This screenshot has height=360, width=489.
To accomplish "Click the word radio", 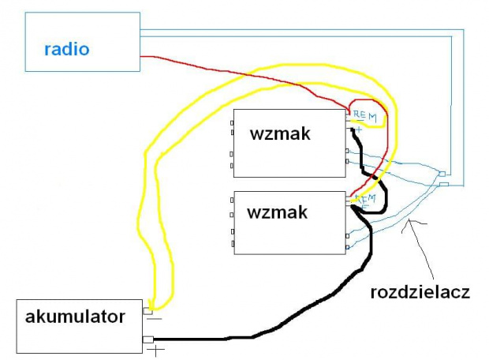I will pos(67,49).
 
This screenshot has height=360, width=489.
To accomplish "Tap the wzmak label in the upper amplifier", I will pos(279,133).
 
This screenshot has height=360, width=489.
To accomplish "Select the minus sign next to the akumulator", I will pos(155,320).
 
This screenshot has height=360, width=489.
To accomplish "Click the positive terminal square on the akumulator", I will pos(147,339).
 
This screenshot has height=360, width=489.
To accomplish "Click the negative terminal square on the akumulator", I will pos(147,312).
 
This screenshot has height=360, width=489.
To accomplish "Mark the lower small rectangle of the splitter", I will pos(444,184).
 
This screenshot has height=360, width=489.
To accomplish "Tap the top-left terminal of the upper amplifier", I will pos(232,123).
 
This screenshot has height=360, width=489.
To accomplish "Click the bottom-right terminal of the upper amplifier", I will pos(347,161).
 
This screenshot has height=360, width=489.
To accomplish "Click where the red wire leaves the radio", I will pos(142,57).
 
